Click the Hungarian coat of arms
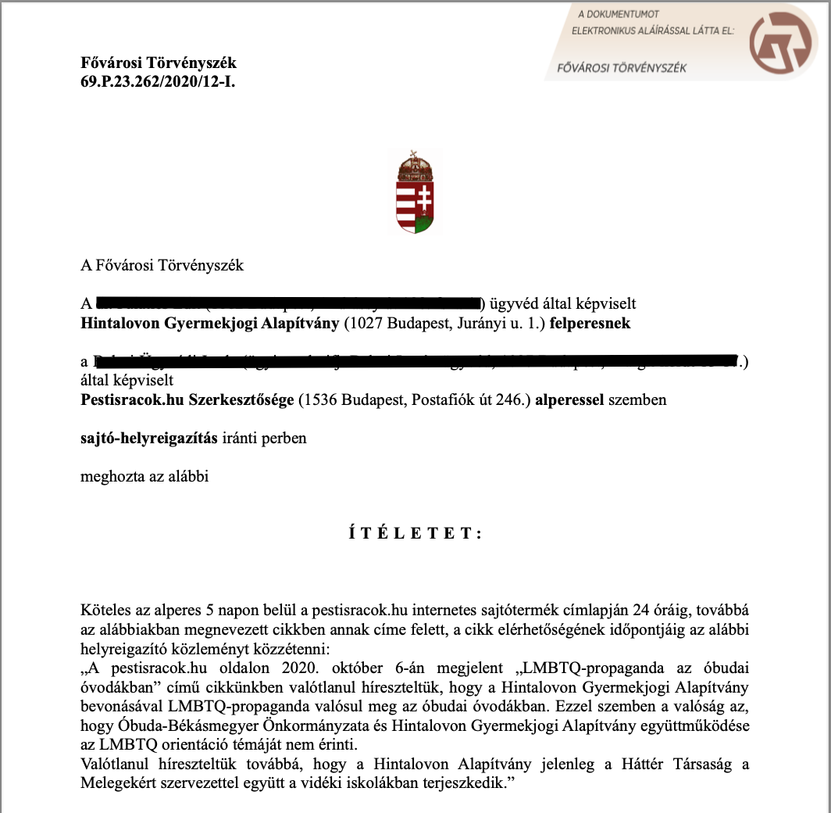pyautogui.click(x=415, y=192)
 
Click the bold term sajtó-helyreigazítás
pyautogui.click(x=149, y=438)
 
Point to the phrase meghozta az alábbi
pyautogui.click(x=144, y=476)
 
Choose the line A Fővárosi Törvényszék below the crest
pyautogui.click(x=162, y=265)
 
